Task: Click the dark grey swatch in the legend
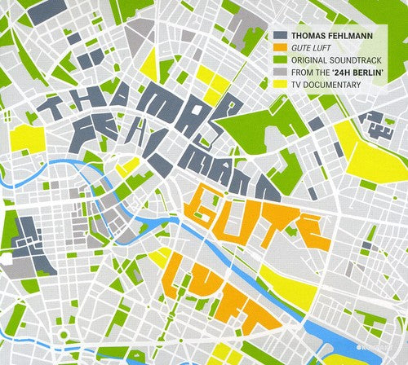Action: pos(281,36)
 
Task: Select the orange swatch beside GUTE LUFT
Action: pos(281,47)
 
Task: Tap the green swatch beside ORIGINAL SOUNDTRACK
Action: pos(281,59)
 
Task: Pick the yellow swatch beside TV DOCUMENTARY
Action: pos(281,82)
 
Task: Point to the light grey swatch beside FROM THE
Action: pos(281,71)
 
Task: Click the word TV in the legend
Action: pos(299,82)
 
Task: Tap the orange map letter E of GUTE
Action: pos(311,232)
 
